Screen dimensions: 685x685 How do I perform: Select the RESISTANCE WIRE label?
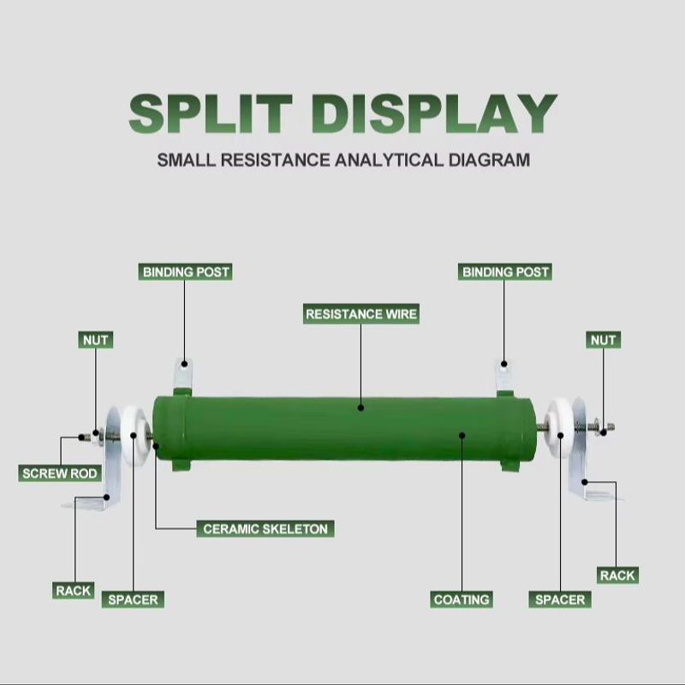pos(361,314)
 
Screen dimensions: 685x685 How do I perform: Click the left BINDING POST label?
pos(186,272)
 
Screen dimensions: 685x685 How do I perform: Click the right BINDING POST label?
pos(505,272)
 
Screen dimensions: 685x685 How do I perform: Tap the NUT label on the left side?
pos(96,340)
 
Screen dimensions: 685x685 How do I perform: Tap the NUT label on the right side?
pos(603,340)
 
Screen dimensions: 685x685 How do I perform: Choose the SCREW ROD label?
pos(60,474)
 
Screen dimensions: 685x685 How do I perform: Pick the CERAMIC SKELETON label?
pos(265,529)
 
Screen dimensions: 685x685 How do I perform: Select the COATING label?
pos(462,599)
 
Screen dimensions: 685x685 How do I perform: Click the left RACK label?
pos(73,591)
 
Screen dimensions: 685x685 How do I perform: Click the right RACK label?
pos(617,575)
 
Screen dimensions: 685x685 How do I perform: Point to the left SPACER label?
pos(133,599)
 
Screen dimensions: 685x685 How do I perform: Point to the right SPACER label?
pos(560,599)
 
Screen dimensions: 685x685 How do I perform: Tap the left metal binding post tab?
pos(183,375)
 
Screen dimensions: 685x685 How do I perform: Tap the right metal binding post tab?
pos(504,375)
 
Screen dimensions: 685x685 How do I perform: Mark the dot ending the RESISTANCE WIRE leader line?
pos(360,408)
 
